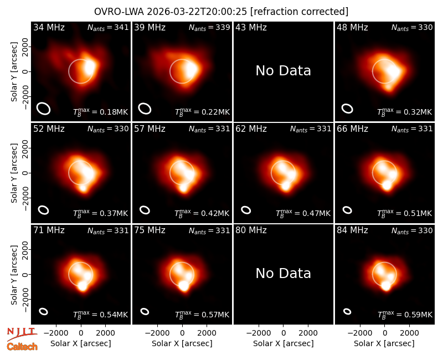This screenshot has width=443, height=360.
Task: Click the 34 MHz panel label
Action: tap(49, 27)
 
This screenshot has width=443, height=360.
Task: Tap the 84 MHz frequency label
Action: tap(352, 230)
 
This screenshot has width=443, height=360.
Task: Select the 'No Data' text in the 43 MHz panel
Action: tap(283, 71)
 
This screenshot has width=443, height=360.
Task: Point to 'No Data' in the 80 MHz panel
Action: tap(283, 274)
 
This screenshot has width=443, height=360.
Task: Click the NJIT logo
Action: tap(22, 334)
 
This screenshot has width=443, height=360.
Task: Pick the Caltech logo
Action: tap(22, 347)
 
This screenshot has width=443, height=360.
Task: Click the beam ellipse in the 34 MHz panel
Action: tap(44, 109)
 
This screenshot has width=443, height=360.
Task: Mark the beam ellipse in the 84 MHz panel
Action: tap(347, 311)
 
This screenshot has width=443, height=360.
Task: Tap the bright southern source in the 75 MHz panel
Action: tap(184, 285)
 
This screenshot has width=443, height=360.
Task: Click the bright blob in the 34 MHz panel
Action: tap(90, 68)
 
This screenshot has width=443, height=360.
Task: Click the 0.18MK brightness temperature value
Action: tap(114, 112)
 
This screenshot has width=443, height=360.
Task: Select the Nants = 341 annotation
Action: tap(108, 27)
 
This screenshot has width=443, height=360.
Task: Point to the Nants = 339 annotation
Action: tap(209, 27)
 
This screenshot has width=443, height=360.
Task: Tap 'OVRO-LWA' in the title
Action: tap(119, 12)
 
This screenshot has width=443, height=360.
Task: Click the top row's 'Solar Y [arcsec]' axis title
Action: tap(14, 72)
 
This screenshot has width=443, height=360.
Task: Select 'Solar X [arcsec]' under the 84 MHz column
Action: tap(384, 343)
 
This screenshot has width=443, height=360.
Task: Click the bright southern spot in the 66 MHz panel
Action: tap(387, 185)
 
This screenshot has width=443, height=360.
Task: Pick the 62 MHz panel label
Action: tap(251, 129)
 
